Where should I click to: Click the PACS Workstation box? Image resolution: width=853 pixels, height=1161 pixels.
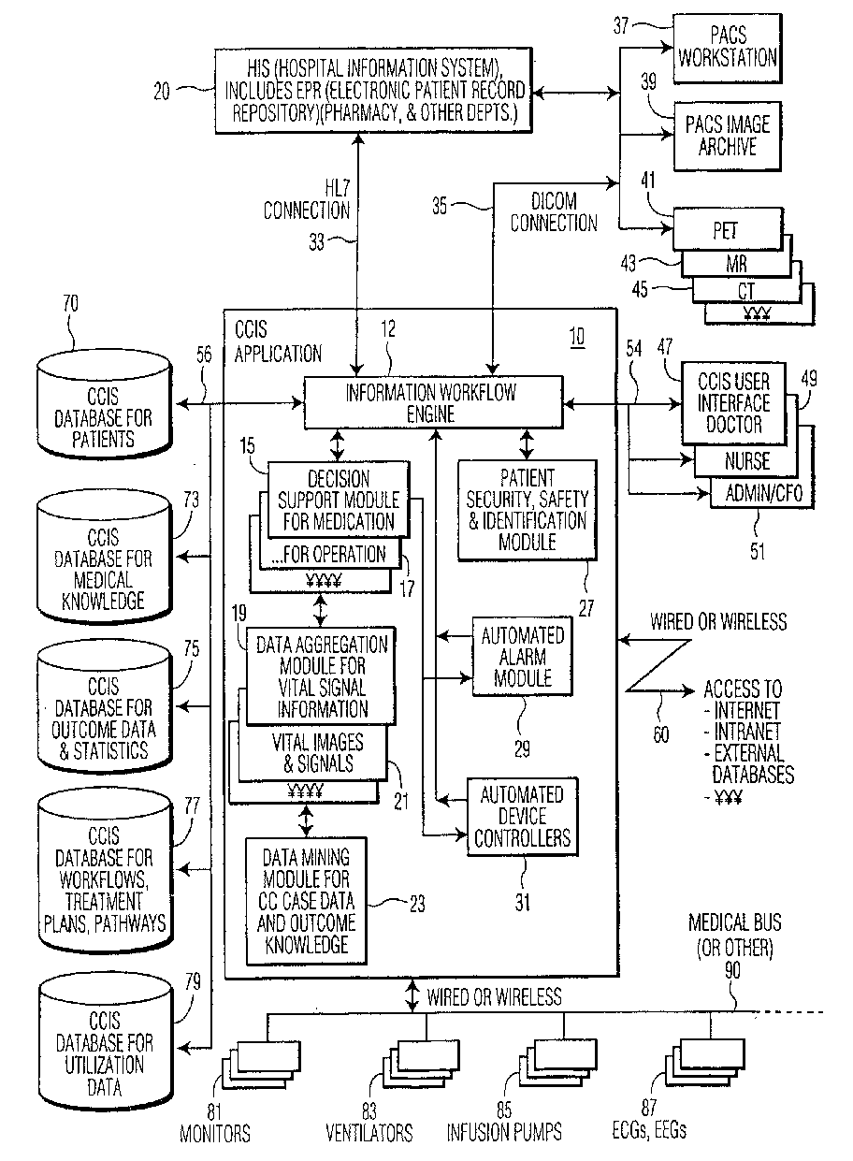coord(727,49)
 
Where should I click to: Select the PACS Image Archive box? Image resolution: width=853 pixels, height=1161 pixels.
coord(727,137)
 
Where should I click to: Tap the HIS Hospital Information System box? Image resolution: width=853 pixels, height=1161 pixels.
coord(373,91)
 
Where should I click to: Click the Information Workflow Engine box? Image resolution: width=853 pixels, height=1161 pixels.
coord(433,402)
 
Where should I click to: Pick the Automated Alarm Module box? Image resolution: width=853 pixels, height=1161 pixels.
coord(523,656)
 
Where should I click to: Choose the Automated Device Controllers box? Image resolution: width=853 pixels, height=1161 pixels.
coord(523,817)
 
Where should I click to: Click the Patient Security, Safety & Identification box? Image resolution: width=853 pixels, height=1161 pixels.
coord(527,510)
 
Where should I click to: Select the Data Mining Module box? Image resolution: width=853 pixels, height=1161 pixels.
coord(306,901)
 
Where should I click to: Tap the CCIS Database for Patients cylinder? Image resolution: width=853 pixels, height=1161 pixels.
coord(104,405)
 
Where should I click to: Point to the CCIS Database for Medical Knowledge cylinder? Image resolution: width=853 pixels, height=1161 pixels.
coord(104,557)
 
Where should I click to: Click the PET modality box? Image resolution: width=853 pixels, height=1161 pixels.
coord(728,229)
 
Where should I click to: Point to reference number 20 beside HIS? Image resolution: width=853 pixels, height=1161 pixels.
coord(162,92)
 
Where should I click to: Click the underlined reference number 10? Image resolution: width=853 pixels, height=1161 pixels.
coord(577,337)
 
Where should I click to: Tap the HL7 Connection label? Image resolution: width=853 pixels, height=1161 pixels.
coord(307,199)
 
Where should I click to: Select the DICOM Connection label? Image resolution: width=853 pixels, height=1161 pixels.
coord(554,212)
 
